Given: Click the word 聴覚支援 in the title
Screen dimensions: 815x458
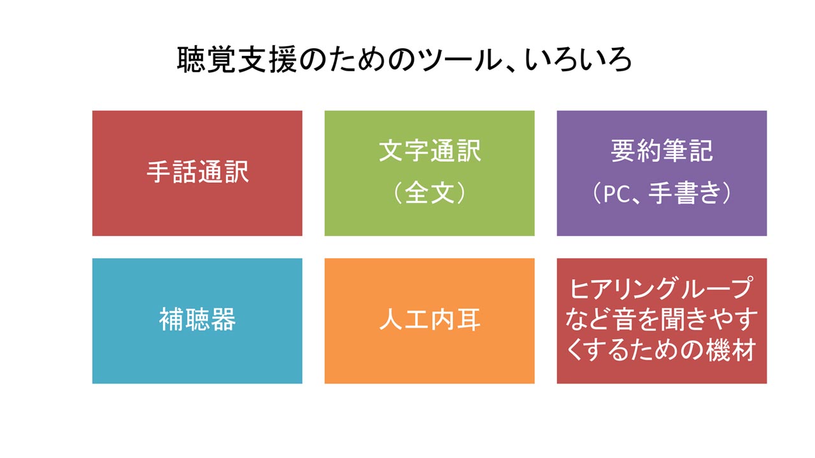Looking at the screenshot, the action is (237, 60).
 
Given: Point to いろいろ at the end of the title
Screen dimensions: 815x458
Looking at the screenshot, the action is (578, 60).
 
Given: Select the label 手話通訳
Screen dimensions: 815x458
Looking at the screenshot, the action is (197, 172).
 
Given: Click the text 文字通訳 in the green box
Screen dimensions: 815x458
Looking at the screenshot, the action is (430, 151).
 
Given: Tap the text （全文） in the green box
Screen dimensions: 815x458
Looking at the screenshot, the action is (430, 193).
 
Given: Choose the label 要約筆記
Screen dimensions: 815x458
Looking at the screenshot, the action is (662, 151).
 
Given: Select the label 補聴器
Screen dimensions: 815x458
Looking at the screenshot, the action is (197, 319).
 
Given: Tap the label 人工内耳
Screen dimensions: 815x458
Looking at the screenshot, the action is (430, 319).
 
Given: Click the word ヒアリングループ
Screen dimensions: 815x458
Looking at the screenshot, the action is (661, 289).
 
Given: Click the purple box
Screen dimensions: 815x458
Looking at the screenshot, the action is (662, 174).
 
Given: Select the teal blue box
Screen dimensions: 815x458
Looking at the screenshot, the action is (197, 321).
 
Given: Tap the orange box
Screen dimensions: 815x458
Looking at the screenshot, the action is (430, 321).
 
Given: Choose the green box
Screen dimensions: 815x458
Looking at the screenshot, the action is (430, 174).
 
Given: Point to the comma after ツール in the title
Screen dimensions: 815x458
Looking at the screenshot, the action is (511, 68).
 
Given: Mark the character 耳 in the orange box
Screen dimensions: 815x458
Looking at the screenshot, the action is (469, 319).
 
